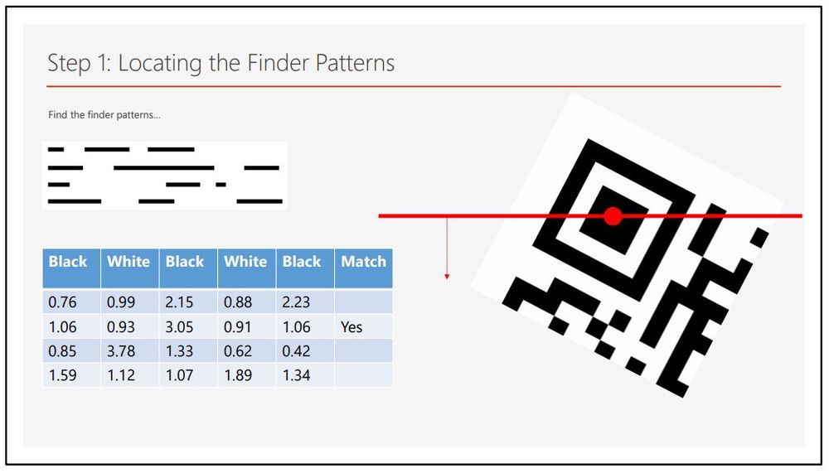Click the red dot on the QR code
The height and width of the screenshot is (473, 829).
tap(613, 216)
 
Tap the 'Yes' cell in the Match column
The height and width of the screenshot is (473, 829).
tap(351, 327)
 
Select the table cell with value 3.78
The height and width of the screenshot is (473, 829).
tap(121, 351)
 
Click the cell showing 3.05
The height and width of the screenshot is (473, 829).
tap(180, 327)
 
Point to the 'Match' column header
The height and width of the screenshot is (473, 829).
tap(363, 262)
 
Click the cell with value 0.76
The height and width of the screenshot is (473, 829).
tap(62, 302)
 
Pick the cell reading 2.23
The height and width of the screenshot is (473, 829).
tap(297, 302)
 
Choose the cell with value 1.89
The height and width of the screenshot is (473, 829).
tap(238, 375)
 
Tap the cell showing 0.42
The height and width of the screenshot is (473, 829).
tap(297, 351)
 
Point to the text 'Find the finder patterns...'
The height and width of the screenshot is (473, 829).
tap(104, 114)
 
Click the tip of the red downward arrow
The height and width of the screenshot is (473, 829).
tap(447, 278)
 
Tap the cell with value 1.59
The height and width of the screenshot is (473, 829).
tap(62, 375)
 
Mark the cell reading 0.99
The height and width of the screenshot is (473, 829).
tap(121, 302)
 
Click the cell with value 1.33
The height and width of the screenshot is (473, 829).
tap(180, 351)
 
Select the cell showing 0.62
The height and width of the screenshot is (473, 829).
tap(238, 351)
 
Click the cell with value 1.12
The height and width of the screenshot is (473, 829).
tap(121, 375)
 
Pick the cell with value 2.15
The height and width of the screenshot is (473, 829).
tap(180, 302)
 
